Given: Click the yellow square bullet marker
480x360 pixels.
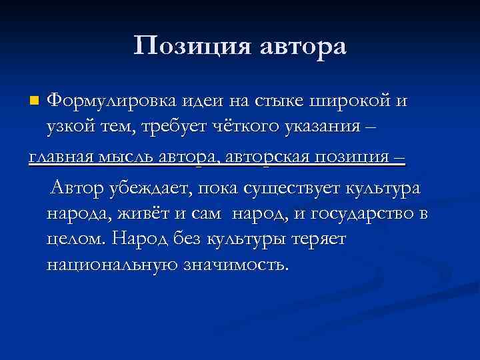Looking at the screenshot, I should (x=35, y=101).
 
